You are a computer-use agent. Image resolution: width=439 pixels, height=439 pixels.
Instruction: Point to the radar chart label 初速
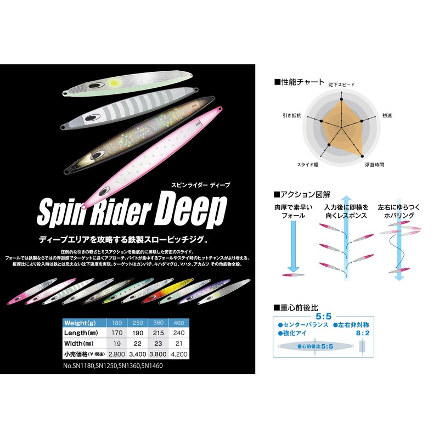tap(387, 116)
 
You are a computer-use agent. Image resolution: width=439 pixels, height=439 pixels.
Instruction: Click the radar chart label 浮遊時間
tap(373, 164)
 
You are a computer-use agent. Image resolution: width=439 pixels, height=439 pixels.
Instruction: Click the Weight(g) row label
tap(81, 322)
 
